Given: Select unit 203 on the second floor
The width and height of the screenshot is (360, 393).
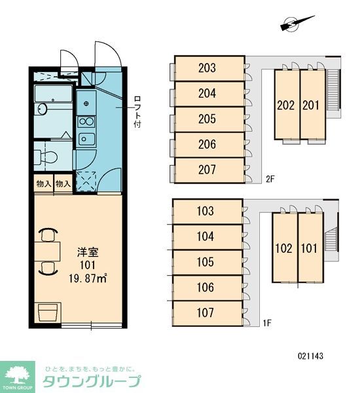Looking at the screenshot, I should (207, 67).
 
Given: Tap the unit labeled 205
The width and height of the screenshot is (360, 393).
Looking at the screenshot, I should (207, 119).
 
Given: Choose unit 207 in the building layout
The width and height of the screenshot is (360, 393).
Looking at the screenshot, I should (207, 170).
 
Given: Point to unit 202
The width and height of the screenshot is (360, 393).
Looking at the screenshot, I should (285, 104).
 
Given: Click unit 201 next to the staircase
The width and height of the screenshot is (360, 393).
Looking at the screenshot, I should (311, 104).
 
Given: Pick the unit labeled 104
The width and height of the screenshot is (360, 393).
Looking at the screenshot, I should (205, 236).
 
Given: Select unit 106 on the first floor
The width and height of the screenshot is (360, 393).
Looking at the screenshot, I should (205, 288).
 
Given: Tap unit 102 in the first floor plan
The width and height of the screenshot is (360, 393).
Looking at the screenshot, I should (283, 248).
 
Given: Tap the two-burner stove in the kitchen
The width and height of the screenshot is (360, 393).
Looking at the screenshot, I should (86, 121).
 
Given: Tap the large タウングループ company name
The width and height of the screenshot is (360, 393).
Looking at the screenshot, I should (92, 381).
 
